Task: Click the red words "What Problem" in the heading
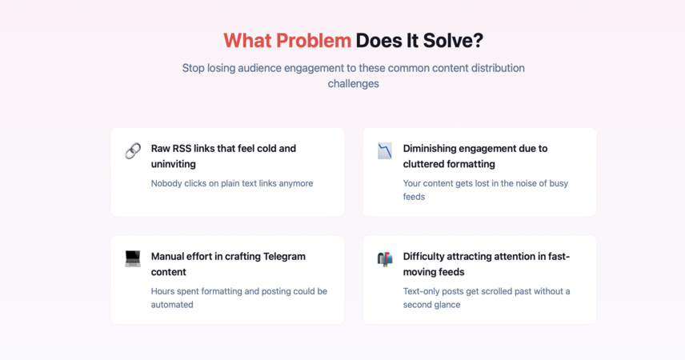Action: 287,41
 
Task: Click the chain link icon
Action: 133,150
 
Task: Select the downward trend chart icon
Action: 385,150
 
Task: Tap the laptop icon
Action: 133,258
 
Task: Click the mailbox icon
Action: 385,258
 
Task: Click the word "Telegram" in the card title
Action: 284,257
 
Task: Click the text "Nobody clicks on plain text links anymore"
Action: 232,183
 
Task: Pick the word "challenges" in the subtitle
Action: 354,83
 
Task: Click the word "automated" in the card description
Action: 172,305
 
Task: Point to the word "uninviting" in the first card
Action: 174,164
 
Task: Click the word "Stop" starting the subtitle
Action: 193,69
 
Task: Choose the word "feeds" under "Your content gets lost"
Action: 414,197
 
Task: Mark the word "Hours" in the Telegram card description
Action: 163,291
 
